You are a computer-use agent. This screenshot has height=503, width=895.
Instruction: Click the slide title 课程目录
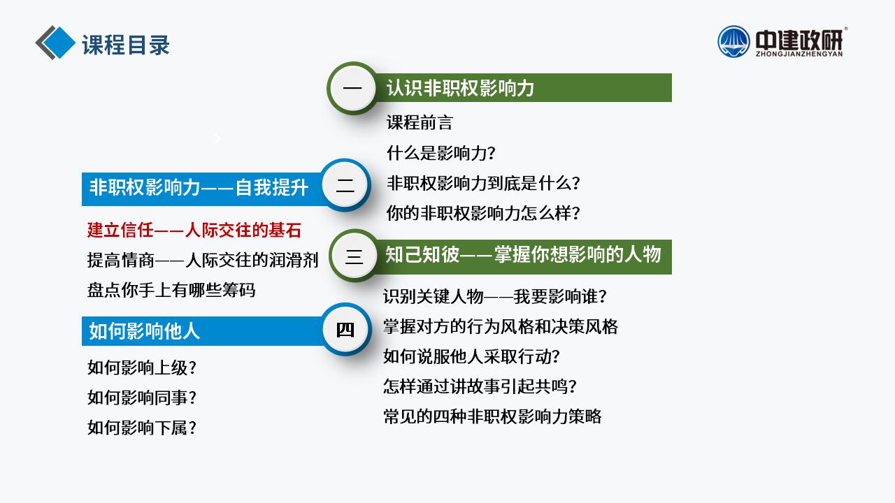click(x=126, y=45)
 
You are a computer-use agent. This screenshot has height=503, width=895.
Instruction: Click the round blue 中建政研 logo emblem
click(x=733, y=41)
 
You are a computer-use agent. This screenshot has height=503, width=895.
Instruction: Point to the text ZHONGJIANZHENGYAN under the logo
click(x=799, y=54)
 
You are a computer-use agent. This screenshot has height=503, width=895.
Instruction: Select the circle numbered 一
click(x=352, y=88)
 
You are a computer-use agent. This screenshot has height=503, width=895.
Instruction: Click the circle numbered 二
click(x=345, y=185)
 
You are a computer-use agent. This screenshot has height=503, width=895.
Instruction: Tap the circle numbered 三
click(x=354, y=256)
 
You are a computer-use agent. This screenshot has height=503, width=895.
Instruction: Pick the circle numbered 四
click(x=346, y=330)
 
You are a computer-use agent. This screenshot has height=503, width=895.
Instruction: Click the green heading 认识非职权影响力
click(x=460, y=88)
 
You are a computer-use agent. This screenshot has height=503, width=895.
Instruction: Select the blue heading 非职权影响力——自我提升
click(x=199, y=188)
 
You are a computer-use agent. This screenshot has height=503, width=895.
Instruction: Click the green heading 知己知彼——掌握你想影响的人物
click(x=523, y=254)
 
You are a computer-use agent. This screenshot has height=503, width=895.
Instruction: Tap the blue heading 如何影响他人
click(x=144, y=331)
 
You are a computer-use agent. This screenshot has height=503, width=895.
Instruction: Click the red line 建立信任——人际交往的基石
click(x=194, y=231)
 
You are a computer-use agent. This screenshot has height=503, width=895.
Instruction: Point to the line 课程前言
click(x=420, y=122)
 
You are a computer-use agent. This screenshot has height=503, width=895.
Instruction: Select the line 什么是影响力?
click(x=441, y=153)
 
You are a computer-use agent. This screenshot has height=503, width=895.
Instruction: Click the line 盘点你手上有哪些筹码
click(x=171, y=290)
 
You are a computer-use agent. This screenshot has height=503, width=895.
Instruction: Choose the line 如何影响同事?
click(x=142, y=398)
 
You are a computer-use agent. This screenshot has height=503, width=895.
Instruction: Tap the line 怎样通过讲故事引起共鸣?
click(x=480, y=386)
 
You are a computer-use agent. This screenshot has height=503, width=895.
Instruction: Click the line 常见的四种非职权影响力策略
click(x=492, y=416)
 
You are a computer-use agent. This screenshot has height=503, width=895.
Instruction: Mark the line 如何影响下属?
click(x=142, y=428)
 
